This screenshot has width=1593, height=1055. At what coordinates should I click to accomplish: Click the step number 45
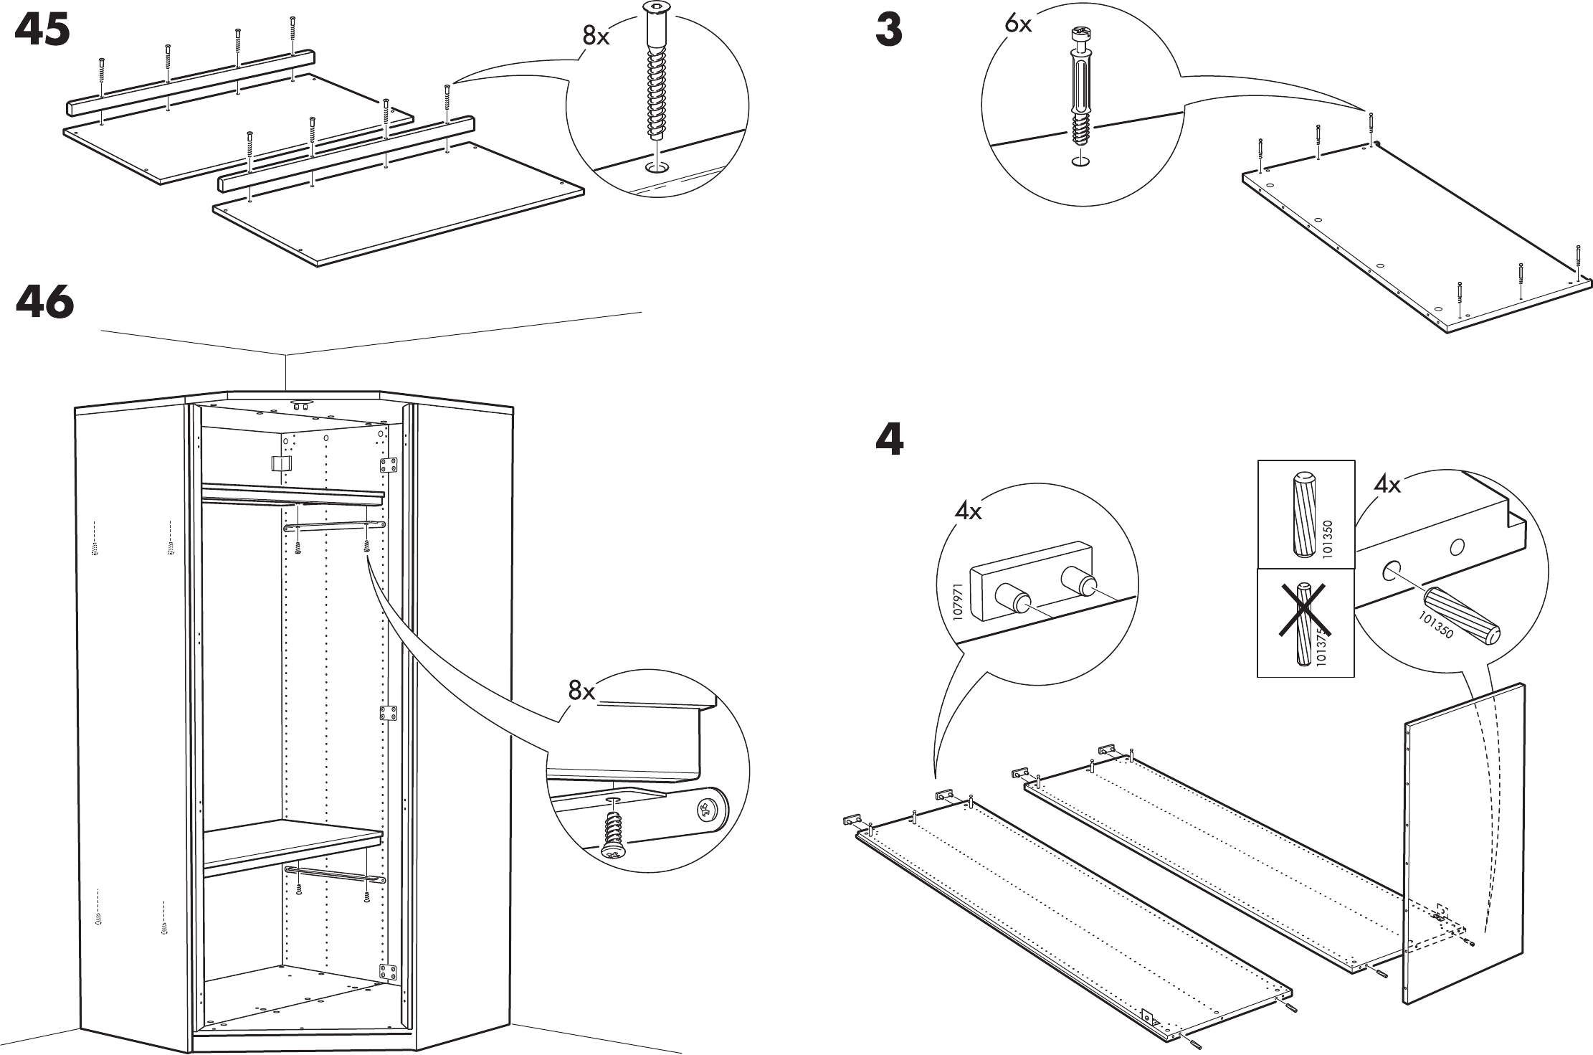43,32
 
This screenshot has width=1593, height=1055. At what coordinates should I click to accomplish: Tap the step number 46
44,302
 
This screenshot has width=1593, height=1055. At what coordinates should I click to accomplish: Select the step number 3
889,32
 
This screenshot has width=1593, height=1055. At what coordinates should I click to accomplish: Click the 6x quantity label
1018,24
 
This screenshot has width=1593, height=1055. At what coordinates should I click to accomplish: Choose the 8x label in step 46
582,691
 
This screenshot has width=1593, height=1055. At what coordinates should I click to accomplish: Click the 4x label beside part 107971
968,512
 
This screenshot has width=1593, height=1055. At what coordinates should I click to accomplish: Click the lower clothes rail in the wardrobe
334,874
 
